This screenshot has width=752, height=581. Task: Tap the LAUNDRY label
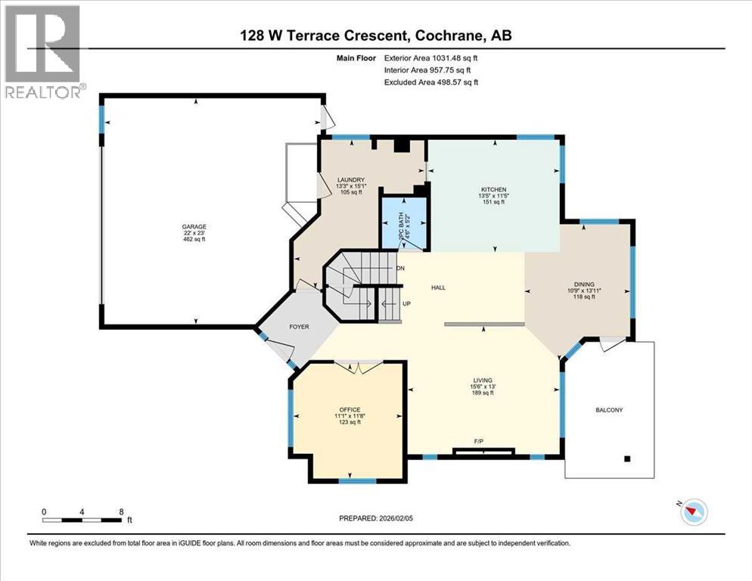pyautogui.click(x=350, y=179)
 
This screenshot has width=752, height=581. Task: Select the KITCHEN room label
pyautogui.click(x=493, y=189)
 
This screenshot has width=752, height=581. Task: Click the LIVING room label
pyautogui.click(x=483, y=380)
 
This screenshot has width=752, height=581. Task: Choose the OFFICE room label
pyautogui.click(x=349, y=409)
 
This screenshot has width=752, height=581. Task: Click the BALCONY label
pyautogui.click(x=609, y=409)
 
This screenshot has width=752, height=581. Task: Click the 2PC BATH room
pyautogui.click(x=402, y=225)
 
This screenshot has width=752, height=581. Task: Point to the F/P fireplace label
pyautogui.click(x=478, y=440)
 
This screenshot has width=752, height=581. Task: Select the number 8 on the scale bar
pyautogui.click(x=121, y=511)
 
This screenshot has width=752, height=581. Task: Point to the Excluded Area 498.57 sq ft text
pyautogui.click(x=431, y=82)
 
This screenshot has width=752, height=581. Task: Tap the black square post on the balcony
pyautogui.click(x=627, y=458)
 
